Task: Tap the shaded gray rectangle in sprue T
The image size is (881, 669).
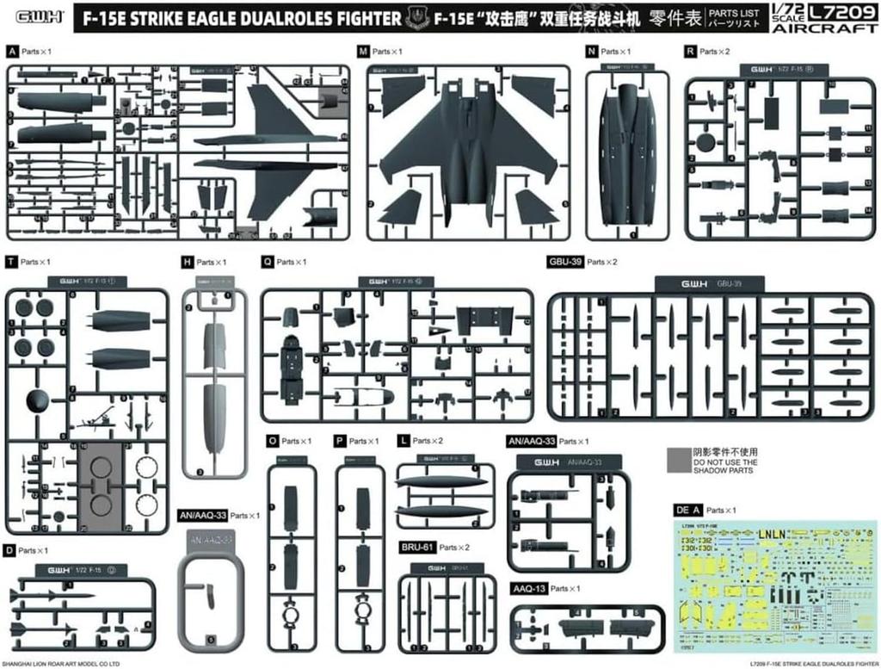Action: point(102,486)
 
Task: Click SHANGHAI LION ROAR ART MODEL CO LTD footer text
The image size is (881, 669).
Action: point(60,664)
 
